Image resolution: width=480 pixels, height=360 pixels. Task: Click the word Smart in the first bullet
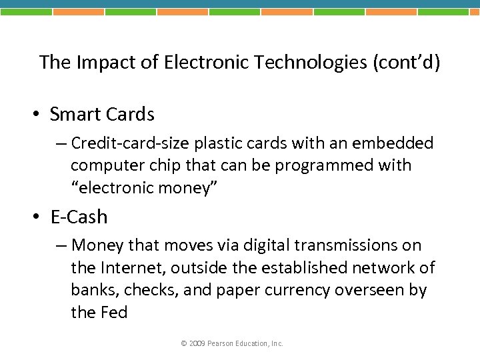(x=74, y=115)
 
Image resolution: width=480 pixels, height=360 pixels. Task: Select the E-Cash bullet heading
(x=79, y=217)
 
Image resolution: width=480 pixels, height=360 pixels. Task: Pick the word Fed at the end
(x=114, y=312)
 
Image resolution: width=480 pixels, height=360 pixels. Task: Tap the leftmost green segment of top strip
(x=26, y=11)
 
